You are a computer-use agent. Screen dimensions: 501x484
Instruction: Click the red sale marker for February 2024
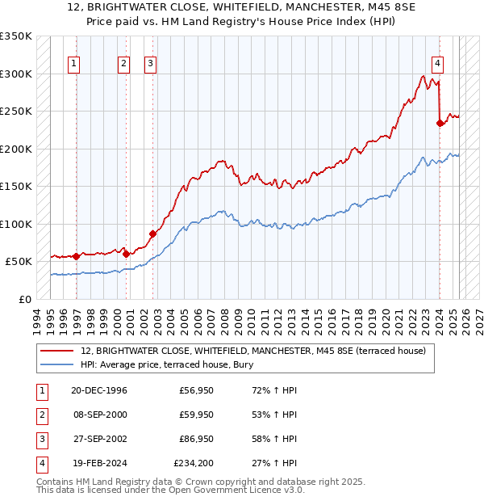click(440, 124)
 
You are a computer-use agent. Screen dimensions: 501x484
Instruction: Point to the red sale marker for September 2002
click(152, 234)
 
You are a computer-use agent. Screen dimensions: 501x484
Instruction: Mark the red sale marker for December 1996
click(76, 256)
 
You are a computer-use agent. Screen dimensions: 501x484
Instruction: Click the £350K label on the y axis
click(16, 36)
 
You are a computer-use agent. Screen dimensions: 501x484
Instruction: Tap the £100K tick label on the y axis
click(16, 224)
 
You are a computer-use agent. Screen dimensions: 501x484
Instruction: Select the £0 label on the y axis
click(25, 299)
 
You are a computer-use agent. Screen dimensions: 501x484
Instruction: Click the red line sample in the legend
click(57, 352)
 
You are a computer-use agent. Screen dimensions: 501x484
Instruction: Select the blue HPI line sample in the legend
click(57, 364)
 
